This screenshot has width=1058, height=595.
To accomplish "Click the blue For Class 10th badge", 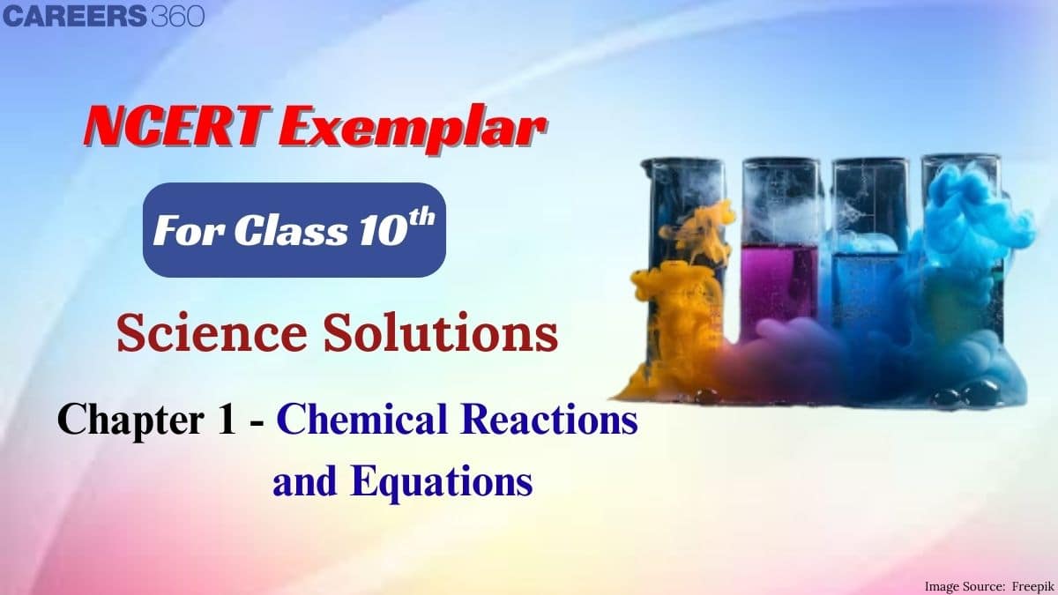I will click(x=294, y=230).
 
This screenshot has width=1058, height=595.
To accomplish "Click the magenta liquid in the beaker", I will click(x=780, y=282).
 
